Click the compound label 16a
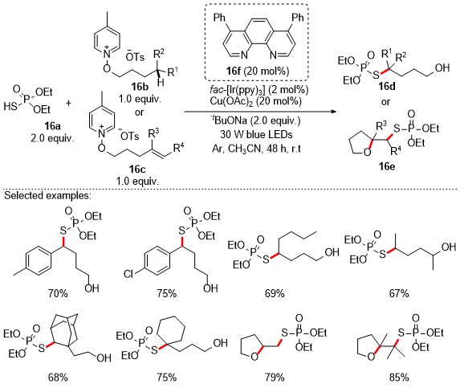pos(52,126)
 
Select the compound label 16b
pos(140,86)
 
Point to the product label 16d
pos(386,86)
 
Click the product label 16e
pos(386,166)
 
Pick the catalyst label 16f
pos(234,71)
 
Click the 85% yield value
pos(399,377)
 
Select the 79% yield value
pos(275,377)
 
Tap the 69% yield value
pos(275,293)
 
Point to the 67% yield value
pos(399,293)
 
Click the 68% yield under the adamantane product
pos(58,377)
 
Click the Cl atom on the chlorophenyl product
pos(128,274)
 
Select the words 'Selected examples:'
pos(48,195)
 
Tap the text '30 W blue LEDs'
pos(256,134)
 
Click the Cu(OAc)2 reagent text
pos(255,101)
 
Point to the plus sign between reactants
pos(68,103)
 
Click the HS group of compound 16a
pos(10,106)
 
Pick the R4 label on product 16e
pos(396,151)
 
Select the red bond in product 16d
pos(385,71)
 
